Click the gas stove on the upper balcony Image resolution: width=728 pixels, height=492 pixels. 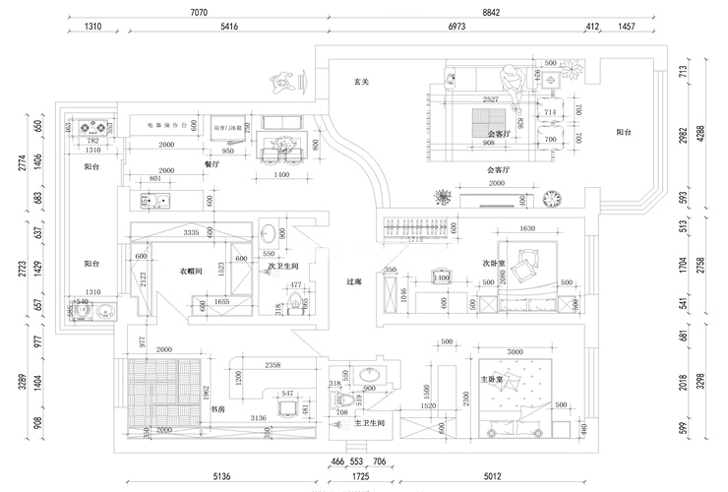[93, 127]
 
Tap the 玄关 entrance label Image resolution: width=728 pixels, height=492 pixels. [361, 83]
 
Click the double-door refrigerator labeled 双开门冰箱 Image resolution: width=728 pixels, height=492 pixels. [231, 127]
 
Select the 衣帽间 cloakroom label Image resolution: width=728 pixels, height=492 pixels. [191, 270]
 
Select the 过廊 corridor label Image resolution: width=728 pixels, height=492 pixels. [355, 281]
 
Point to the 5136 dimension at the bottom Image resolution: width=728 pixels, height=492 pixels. [222, 478]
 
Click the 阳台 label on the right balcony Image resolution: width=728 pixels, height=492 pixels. [624, 131]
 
